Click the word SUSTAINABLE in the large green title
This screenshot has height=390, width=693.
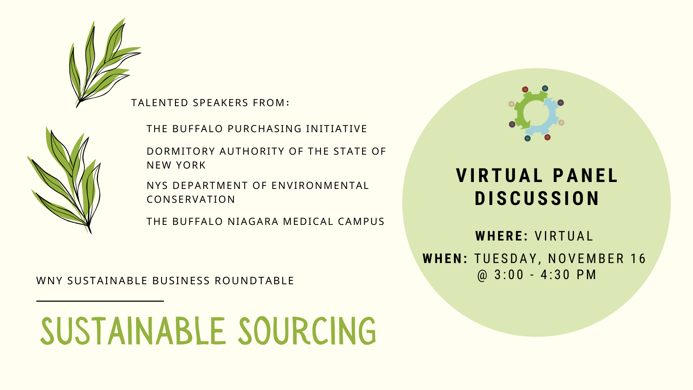pos(133,331)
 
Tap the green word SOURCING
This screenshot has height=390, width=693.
pos(307,331)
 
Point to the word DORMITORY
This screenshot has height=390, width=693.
pos(181,151)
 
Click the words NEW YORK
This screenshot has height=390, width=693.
pos(176,165)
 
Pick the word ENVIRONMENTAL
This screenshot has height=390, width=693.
pos(320,186)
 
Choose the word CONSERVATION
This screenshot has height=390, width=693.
pos(191,199)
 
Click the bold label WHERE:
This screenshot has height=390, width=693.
pos(502,236)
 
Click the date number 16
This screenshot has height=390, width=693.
pos(638,259)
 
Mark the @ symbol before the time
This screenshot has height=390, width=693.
pos(483,275)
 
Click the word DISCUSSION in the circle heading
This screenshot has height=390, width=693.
pos(537,198)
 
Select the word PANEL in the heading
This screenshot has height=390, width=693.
pos(585,176)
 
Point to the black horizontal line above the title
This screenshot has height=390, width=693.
pos(100,301)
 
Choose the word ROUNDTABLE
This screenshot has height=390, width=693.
pos(254,281)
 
